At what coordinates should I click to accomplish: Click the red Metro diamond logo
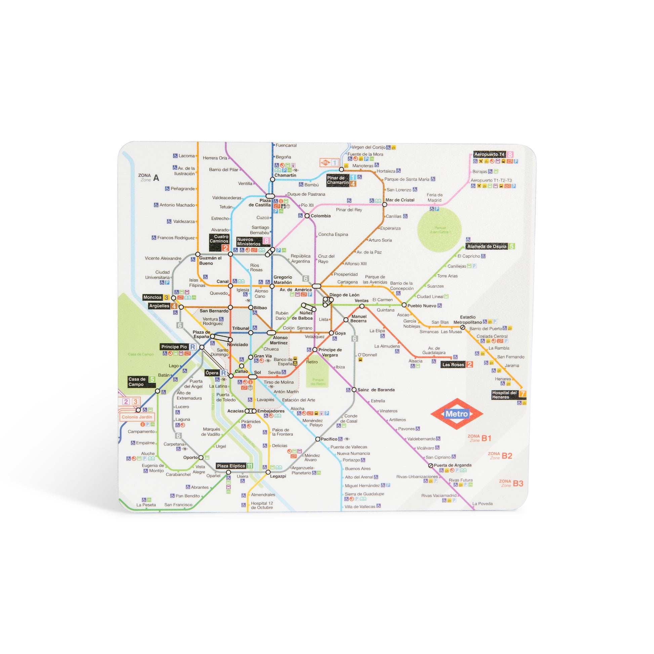point(457,414)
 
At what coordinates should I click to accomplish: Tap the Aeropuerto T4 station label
point(489,154)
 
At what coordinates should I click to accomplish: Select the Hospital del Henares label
point(504,395)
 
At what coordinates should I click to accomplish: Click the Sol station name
point(258,372)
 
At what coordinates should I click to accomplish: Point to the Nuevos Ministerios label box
point(249,242)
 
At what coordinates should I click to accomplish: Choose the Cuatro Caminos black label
point(219,239)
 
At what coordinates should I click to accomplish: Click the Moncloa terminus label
point(153,297)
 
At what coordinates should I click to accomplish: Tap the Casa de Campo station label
point(137,381)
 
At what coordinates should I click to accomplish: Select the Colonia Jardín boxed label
point(137,417)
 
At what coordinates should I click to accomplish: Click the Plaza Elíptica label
point(231,466)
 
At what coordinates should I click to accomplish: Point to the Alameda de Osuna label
point(487,246)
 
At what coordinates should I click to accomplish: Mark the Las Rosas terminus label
point(453,365)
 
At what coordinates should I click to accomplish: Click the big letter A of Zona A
point(156,178)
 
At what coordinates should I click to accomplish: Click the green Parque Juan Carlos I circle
point(439,230)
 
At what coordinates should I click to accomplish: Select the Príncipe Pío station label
point(174,346)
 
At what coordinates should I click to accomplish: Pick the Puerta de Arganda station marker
point(431,465)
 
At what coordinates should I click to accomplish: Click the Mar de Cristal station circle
point(384,204)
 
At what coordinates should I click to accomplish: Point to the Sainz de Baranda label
point(376,390)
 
